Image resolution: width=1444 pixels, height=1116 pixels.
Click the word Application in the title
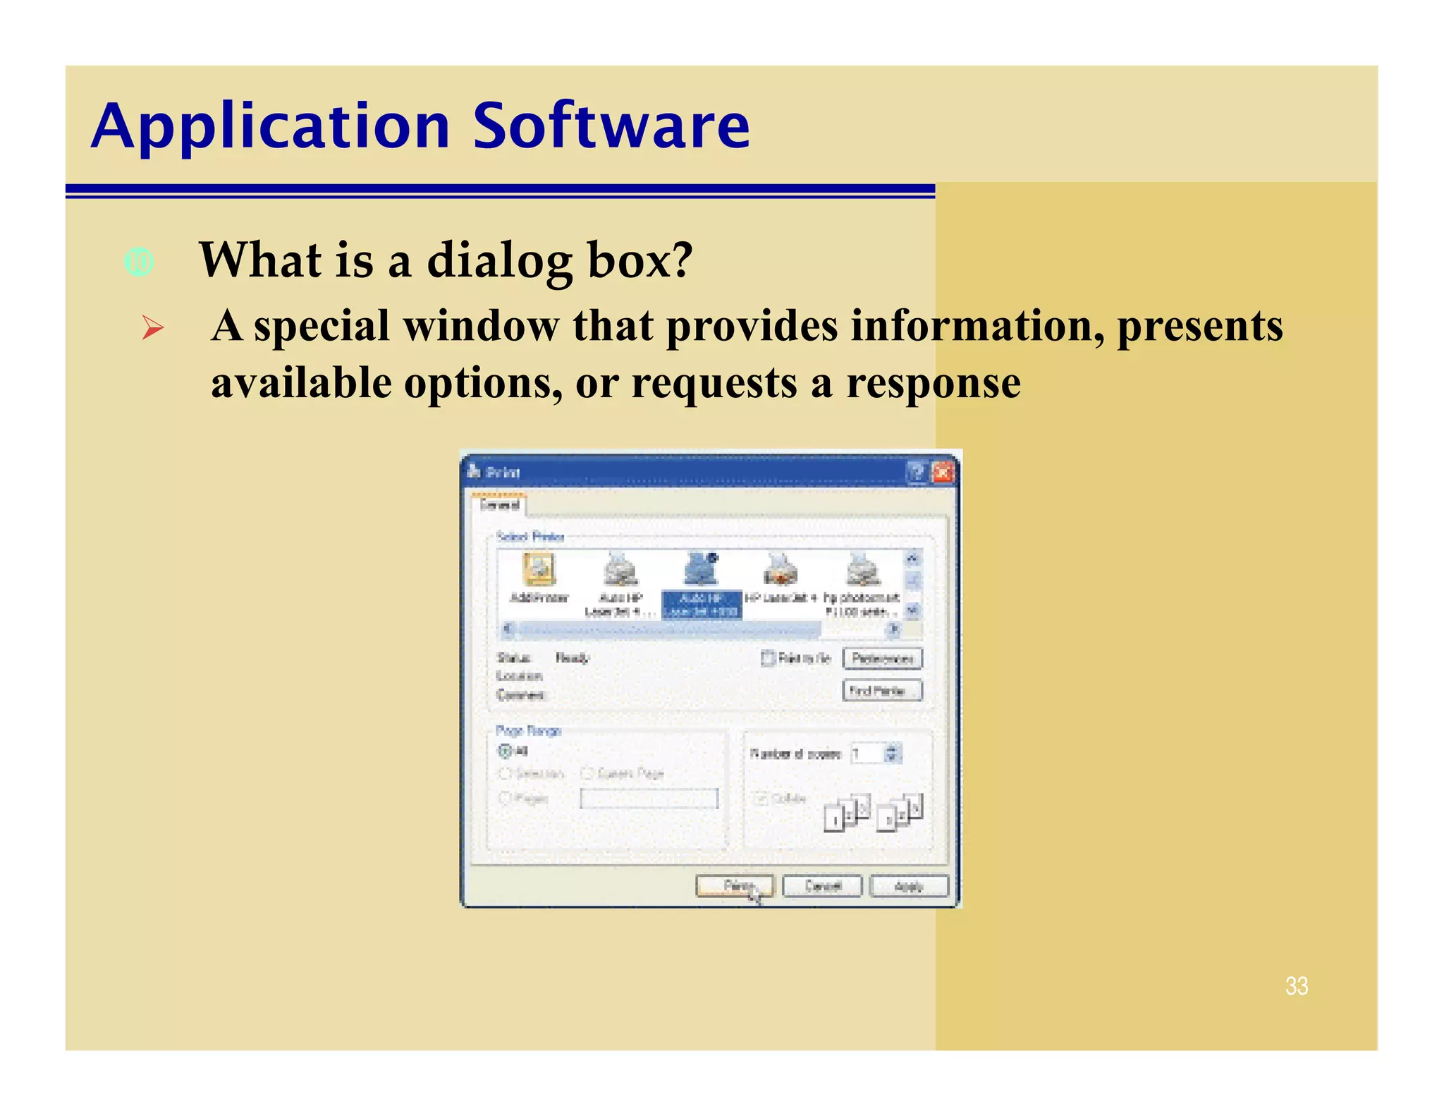click(271, 127)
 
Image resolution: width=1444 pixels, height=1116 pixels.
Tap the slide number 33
click(1296, 985)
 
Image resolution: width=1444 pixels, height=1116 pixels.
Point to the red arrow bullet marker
click(152, 328)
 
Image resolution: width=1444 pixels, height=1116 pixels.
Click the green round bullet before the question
click(139, 262)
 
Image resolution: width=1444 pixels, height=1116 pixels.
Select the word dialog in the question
click(500, 261)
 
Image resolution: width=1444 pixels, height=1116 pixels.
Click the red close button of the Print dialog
click(942, 472)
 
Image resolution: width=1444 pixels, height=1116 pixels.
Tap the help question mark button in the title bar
click(916, 472)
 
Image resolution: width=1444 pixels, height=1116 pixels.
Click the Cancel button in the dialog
click(822, 885)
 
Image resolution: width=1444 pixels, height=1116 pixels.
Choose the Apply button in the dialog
click(909, 885)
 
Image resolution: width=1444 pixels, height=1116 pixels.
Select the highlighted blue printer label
click(702, 605)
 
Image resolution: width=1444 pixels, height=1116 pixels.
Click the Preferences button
click(882, 658)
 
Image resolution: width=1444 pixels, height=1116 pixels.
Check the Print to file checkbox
click(768, 658)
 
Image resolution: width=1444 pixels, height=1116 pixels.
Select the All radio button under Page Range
click(505, 751)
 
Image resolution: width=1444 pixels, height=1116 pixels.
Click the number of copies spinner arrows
click(892, 753)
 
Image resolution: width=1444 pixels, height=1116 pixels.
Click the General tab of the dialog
click(499, 505)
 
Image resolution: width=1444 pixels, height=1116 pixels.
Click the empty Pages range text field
click(649, 798)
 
